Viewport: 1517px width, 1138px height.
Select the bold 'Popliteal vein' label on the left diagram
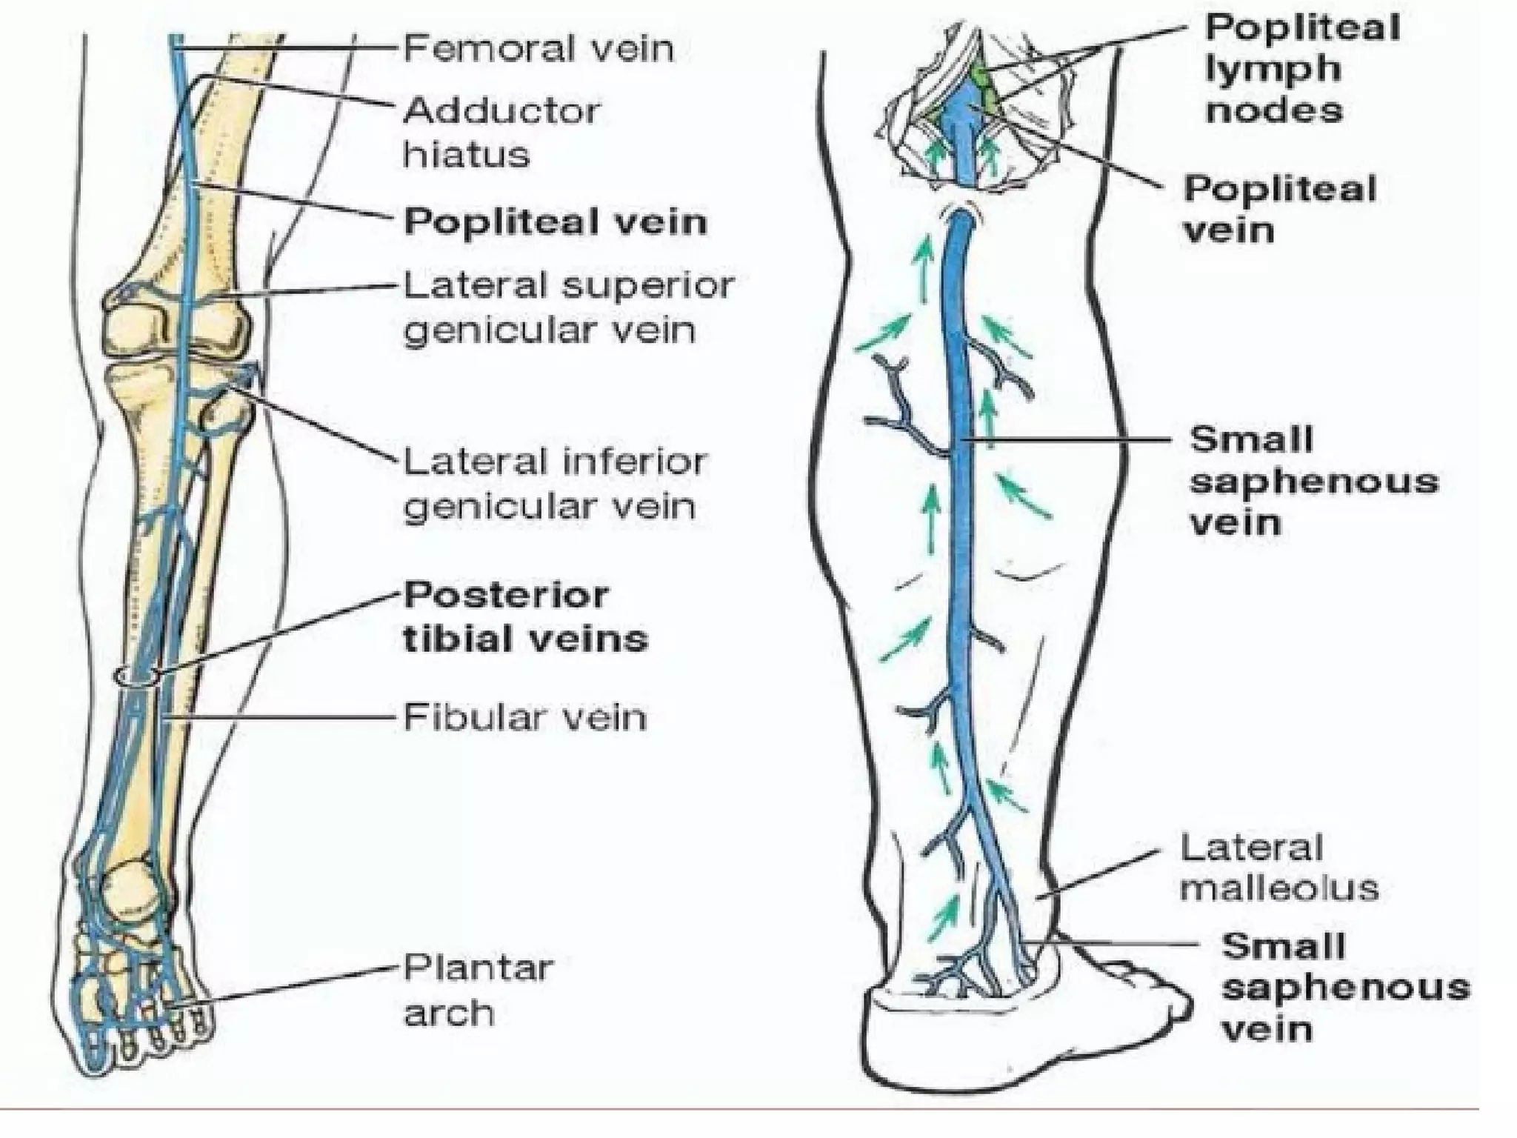click(555, 222)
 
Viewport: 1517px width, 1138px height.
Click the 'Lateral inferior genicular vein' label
click(555, 485)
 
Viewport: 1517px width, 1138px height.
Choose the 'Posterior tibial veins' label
click(525, 616)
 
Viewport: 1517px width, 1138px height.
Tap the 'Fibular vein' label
click(524, 717)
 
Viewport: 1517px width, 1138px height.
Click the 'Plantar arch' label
click(478, 990)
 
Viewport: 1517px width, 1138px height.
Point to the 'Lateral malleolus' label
click(1278, 868)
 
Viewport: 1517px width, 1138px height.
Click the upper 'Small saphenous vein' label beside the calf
click(1313, 481)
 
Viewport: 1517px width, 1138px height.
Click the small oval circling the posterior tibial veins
click(137, 675)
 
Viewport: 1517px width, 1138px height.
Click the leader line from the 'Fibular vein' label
click(281, 717)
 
